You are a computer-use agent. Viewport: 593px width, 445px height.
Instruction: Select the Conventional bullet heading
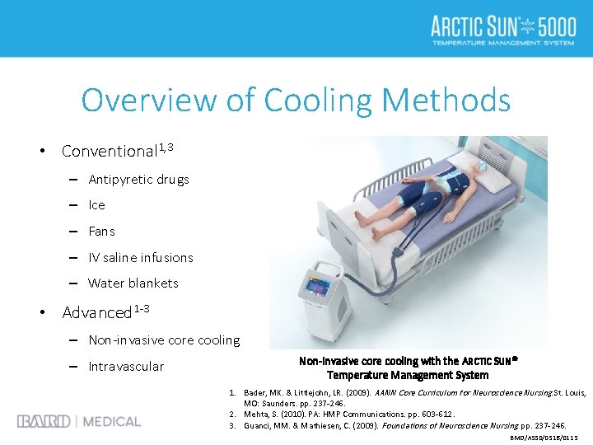[x=109, y=152]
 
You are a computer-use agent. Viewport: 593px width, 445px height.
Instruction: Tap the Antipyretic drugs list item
[x=138, y=180]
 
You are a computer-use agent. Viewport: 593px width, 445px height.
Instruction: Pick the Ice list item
[x=97, y=205]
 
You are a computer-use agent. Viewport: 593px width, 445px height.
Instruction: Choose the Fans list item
[x=101, y=232]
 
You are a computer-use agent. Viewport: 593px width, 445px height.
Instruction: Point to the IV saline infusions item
[x=141, y=258]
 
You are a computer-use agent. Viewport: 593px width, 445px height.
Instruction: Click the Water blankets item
[x=133, y=283]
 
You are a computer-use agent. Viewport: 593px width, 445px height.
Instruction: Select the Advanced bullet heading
[x=97, y=313]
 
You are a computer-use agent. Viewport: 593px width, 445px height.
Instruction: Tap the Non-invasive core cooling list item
[x=164, y=340]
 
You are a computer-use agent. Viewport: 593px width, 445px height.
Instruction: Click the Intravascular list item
[x=126, y=367]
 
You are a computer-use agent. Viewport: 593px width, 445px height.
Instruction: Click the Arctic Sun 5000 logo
[x=503, y=29]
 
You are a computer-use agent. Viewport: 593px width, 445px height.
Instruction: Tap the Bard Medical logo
[x=79, y=422]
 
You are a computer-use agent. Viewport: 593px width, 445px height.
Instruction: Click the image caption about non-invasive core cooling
[x=408, y=368]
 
